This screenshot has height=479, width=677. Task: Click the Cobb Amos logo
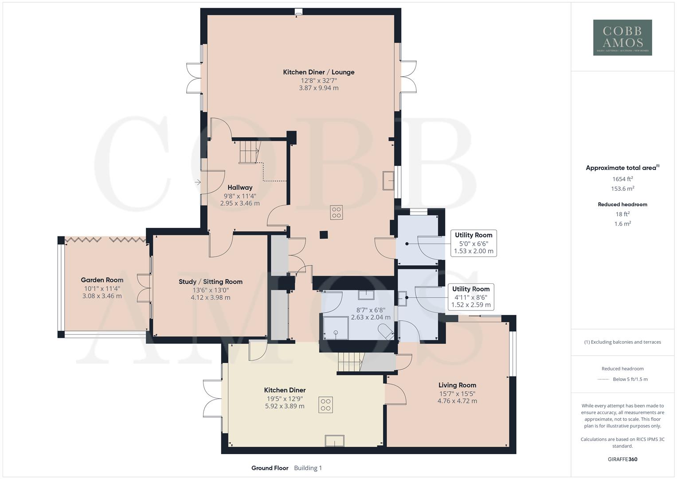622,37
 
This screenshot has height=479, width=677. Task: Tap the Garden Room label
102,280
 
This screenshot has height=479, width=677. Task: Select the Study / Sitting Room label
211,282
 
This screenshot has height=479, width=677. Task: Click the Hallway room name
240,188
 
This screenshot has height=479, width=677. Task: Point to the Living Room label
457,385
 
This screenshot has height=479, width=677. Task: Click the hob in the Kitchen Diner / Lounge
336,212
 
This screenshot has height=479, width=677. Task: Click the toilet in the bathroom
385,331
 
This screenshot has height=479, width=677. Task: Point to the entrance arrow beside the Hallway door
197,182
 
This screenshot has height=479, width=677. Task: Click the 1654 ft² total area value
622,179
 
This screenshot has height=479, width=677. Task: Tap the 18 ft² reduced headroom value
622,214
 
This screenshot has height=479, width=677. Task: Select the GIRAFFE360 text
622,459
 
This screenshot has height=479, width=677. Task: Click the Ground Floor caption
270,468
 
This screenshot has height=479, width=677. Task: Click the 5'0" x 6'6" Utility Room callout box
473,243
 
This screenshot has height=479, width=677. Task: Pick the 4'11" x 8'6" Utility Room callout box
470,297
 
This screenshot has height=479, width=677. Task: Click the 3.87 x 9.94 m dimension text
319,88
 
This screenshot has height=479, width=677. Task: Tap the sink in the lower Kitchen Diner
334,440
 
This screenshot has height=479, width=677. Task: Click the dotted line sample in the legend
603,379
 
